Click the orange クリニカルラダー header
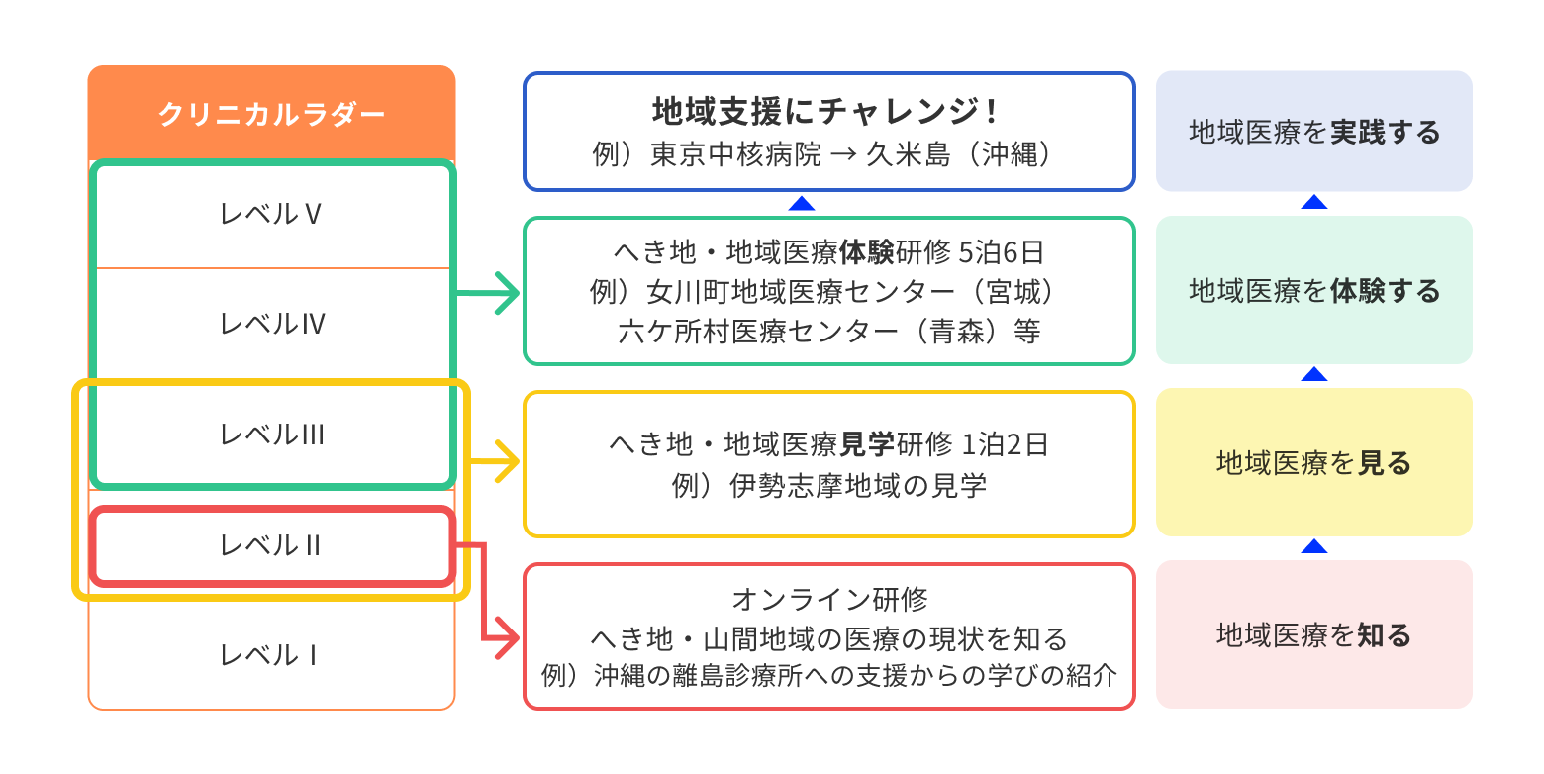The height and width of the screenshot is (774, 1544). (x=271, y=115)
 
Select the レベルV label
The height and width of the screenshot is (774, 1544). (x=271, y=214)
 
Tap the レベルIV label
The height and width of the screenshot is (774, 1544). (x=272, y=324)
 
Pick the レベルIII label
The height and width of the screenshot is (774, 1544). (x=272, y=435)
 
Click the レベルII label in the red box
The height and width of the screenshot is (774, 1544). (x=270, y=545)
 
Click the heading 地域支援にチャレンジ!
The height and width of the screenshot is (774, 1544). (x=828, y=110)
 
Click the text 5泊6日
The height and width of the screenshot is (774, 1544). (x=1002, y=253)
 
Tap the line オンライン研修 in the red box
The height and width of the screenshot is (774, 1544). (x=829, y=599)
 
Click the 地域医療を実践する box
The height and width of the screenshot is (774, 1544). (x=1313, y=132)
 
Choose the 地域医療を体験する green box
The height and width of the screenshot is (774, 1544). (x=1313, y=290)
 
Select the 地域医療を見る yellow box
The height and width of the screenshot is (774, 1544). (x=1313, y=462)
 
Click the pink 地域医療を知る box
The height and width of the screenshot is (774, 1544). (x=1313, y=634)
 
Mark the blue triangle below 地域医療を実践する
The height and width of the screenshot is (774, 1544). (x=1313, y=202)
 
